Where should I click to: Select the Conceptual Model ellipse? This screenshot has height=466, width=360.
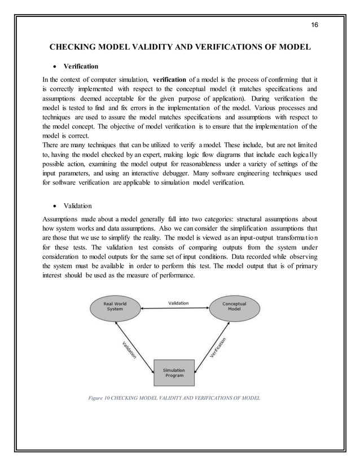pos(234,307)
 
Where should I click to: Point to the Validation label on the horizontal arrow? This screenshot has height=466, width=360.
pos(178,303)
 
